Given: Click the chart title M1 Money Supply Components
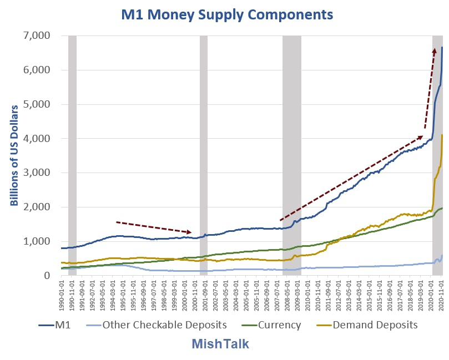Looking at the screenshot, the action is click(x=227, y=14).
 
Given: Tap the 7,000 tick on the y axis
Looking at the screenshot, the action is click(x=37, y=36).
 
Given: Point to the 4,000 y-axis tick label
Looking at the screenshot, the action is click(x=37, y=138).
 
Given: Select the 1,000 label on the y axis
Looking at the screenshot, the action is click(x=37, y=241).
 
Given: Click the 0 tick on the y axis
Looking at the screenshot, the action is click(x=47, y=275).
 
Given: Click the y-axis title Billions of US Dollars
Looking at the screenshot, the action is click(x=14, y=155).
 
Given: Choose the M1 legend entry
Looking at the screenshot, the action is click(x=55, y=325).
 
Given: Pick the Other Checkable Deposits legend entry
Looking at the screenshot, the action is click(x=157, y=325).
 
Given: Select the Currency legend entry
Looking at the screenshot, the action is click(x=271, y=325).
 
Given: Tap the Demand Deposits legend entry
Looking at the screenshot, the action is click(x=367, y=325).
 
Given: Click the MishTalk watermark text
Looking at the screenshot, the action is click(x=220, y=344).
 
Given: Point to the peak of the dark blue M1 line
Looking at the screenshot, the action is click(x=442, y=47).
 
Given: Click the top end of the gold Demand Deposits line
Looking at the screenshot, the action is click(x=442, y=135).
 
